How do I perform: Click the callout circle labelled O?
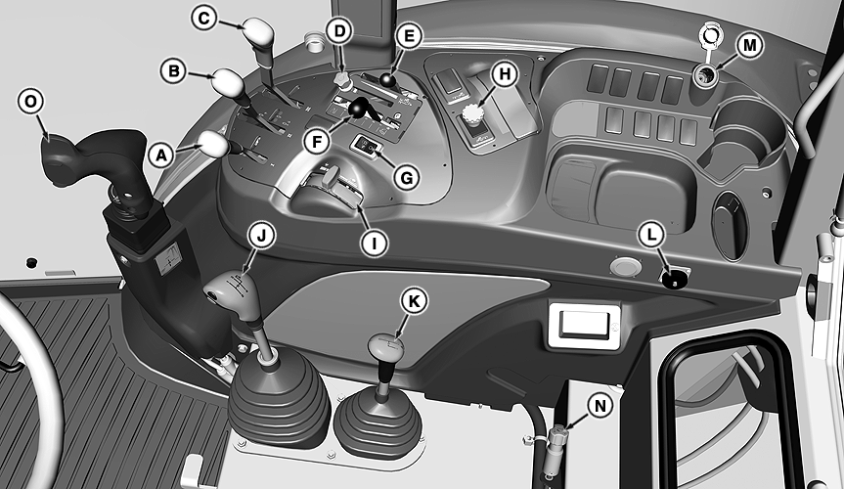click(30, 102)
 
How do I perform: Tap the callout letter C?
click(204, 18)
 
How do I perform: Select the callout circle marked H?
click(505, 74)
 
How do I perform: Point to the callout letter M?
click(750, 45)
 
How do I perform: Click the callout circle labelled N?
click(600, 405)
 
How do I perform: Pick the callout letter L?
click(652, 235)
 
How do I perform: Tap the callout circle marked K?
click(414, 301)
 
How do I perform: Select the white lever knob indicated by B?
click(229, 82)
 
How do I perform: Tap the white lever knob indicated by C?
click(258, 31)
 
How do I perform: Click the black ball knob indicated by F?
click(356, 109)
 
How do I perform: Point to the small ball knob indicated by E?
click(387, 79)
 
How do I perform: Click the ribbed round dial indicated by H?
click(472, 114)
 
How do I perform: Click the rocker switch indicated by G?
click(367, 145)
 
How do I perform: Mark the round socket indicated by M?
click(705, 75)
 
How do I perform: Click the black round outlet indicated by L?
click(674, 279)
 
